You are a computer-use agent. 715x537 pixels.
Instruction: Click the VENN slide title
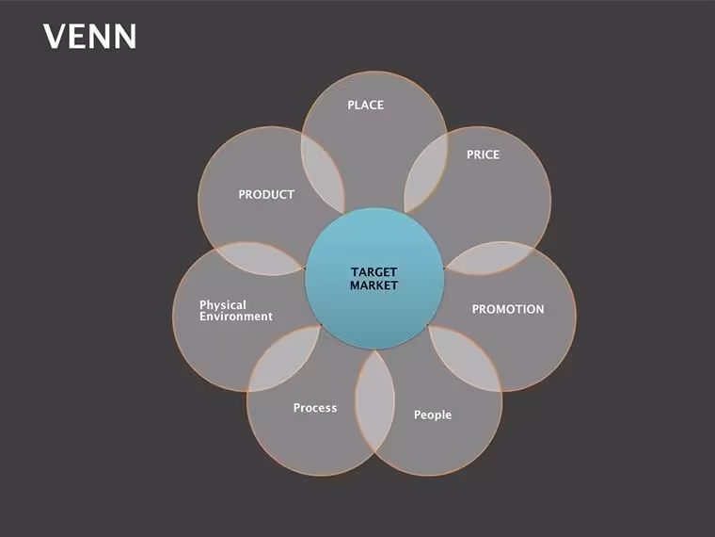pos(89,37)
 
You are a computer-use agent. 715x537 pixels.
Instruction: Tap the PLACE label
pos(365,105)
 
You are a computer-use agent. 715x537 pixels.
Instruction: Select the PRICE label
pos(483,155)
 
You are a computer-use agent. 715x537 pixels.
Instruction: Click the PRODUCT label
pos(266,194)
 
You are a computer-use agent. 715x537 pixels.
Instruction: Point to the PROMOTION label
pos(508,309)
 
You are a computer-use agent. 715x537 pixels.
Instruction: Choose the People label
pos(433,415)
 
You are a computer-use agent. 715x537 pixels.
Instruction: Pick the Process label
pos(315,408)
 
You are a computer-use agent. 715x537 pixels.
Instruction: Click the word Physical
pos(223,305)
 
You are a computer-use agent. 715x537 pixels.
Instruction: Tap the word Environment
pos(236,317)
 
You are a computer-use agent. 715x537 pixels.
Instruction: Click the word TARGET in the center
pos(373,272)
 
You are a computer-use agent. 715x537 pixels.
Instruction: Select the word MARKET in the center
pos(373,285)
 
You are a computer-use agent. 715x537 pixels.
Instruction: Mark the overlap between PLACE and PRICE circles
pos(425,173)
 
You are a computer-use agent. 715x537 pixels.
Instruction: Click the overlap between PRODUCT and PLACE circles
pos(323,173)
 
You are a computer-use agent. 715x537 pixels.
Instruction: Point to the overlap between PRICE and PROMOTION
pos(490,258)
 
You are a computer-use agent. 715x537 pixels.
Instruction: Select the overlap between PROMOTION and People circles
pos(464,358)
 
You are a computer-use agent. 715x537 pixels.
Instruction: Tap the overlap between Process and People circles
pos(374,401)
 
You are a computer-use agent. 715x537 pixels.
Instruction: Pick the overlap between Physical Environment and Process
pos(284,358)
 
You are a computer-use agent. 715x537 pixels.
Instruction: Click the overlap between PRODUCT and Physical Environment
pos(259,258)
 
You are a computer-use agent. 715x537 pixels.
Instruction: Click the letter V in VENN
pos(55,37)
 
